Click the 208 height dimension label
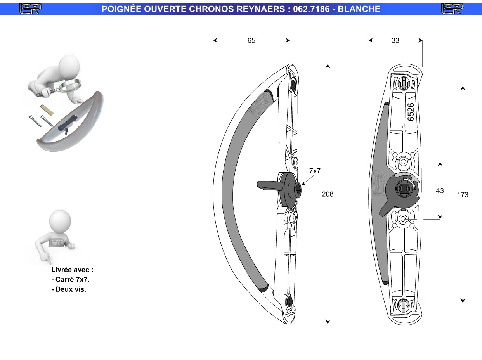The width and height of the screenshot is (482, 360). [328, 194]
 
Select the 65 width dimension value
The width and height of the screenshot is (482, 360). [251, 40]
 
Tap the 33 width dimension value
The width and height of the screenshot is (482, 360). [395, 40]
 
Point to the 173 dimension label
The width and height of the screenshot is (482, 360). [463, 195]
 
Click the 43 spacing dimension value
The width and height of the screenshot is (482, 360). [440, 190]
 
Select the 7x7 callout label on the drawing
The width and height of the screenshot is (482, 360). [315, 170]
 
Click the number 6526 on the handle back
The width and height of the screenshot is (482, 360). [411, 112]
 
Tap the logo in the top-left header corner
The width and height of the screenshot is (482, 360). [31, 9]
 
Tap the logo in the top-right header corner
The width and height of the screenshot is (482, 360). [453, 9]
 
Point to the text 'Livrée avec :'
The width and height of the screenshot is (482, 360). [72, 270]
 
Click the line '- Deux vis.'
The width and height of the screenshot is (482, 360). [69, 289]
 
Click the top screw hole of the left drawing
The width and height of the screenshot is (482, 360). [293, 84]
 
